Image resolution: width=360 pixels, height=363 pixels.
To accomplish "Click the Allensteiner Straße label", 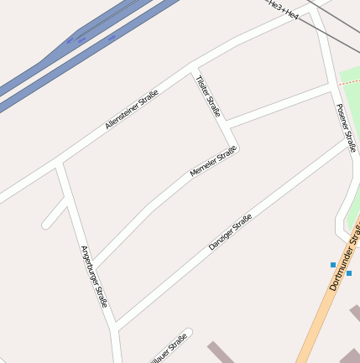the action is click(132, 110).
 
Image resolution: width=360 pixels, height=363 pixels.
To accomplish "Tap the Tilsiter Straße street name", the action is click(207, 95).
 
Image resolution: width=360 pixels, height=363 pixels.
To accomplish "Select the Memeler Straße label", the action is click(213, 161).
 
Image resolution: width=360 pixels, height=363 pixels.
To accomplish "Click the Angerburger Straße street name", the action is click(94, 276).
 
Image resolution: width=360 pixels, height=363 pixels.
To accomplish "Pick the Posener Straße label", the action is click(346, 127).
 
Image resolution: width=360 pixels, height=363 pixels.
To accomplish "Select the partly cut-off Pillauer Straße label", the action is click(167, 350).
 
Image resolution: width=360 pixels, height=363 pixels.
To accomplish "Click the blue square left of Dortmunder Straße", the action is click(333, 265).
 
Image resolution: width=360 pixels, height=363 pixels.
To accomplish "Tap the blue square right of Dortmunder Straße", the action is click(349, 273).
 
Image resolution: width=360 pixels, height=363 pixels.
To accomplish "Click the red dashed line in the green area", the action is click(349, 82).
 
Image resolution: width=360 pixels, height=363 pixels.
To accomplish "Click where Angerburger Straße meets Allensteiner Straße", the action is click(60, 163).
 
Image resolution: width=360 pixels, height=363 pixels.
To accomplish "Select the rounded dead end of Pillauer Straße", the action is click(187, 332).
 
